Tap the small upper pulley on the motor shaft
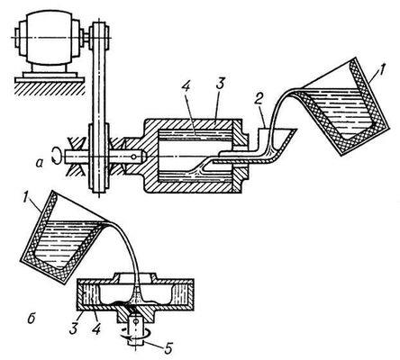tap(99, 38)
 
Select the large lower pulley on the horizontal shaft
tap(99, 157)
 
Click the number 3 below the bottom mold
tap(74, 328)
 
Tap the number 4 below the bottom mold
tap(95, 328)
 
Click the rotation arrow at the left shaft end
tap(56, 155)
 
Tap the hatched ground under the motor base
tap(50, 87)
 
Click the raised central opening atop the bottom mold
tap(134, 276)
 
